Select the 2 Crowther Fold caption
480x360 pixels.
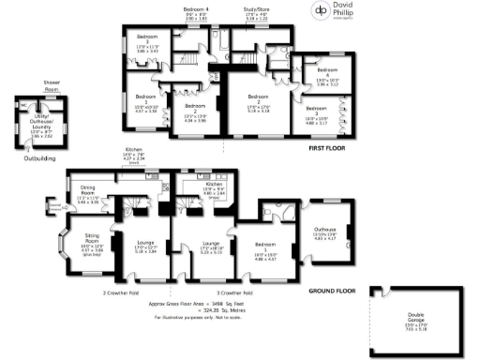125,292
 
